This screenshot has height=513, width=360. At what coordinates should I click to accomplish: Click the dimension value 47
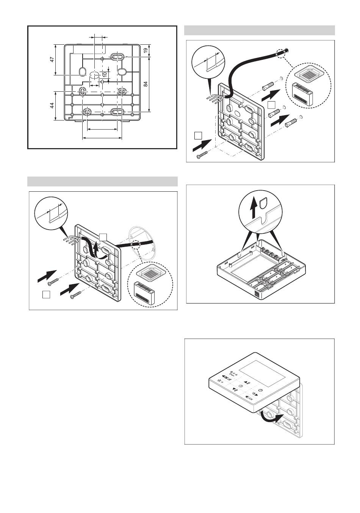[x=52, y=59]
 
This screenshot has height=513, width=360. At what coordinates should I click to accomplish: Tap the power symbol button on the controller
[x=260, y=391]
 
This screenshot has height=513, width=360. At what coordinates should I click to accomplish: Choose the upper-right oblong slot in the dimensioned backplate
[x=117, y=56]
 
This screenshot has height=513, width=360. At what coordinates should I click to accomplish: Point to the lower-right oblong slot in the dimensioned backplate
[x=117, y=111]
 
